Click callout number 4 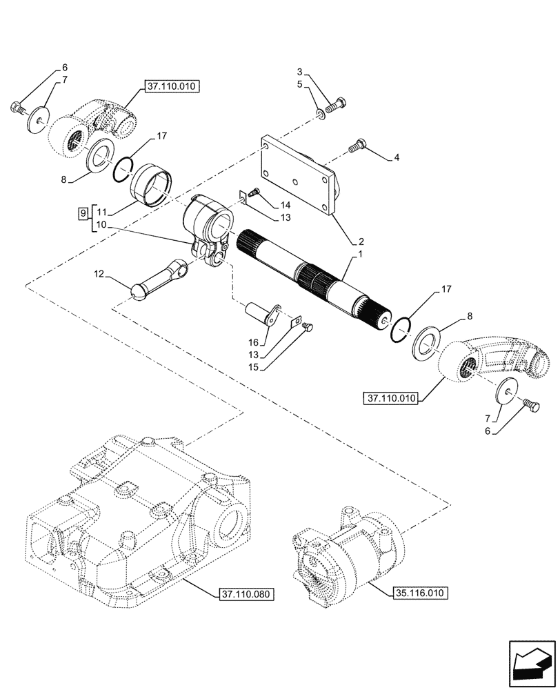click(397, 158)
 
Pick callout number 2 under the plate click(360, 243)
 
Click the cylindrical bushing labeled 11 click(155, 184)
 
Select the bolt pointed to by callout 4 click(358, 146)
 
